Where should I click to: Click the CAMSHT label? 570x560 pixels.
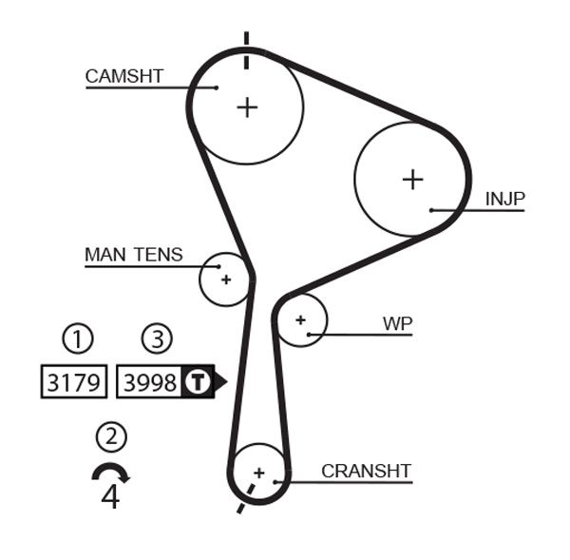tap(124, 76)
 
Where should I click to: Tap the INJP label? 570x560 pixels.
tap(505, 199)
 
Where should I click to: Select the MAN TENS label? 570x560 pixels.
tap(134, 255)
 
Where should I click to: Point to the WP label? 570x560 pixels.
tap(398, 323)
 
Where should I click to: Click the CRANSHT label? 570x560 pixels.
tap(366, 471)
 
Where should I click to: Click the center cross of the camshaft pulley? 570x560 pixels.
tap(247, 106)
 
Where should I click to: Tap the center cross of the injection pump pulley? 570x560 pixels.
tap(412, 179)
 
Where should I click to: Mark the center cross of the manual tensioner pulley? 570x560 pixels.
tap(226, 280)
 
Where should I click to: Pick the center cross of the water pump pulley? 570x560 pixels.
tap(301, 320)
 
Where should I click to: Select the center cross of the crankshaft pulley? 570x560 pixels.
tap(258, 472)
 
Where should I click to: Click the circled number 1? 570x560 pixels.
tap(78, 338)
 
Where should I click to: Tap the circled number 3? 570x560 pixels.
tap(158, 338)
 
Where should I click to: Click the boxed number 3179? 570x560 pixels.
tap(74, 382)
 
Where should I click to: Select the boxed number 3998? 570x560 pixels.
tap(150, 382)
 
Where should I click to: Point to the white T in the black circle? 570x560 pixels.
tap(197, 382)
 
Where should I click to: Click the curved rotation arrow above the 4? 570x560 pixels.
tap(110, 472)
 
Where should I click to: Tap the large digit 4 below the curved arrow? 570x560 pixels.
tap(110, 496)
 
